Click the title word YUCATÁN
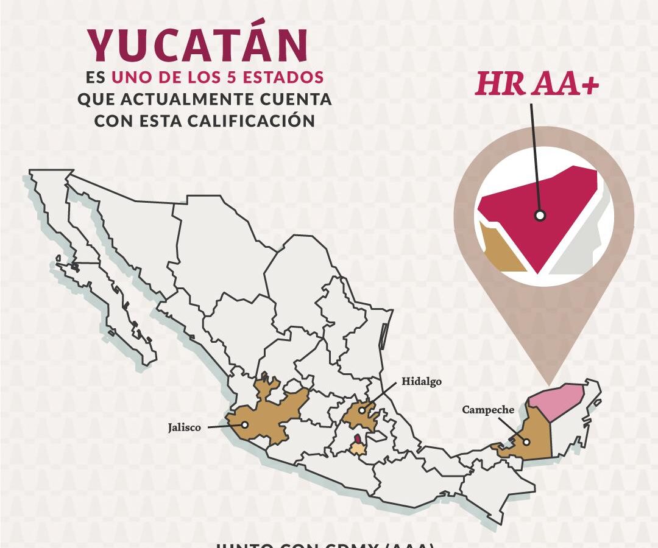tap(197, 45)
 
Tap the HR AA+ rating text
tap(537, 85)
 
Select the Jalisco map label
tap(184, 428)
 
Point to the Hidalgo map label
tap(421, 382)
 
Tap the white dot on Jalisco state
tap(244, 425)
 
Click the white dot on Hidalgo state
tap(362, 411)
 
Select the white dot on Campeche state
tap(526, 443)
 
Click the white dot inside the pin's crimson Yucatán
tap(540, 215)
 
